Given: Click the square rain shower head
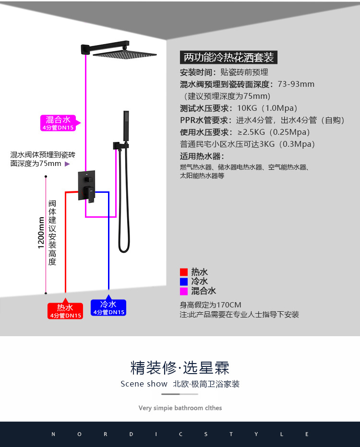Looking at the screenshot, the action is [125, 55].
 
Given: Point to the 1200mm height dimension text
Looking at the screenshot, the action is [41, 233].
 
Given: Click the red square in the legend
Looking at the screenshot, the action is [184, 272].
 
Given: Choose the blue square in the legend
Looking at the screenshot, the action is [184, 282].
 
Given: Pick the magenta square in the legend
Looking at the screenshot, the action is [184, 291].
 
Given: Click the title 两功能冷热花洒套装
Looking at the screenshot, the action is [229, 58].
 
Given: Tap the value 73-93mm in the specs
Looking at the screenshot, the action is [296, 84].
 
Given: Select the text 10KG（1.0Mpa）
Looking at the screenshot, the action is [267, 108].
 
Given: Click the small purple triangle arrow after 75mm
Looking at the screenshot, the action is [67, 164].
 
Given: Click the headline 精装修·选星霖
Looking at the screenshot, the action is [180, 368].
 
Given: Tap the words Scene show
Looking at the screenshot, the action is [144, 384].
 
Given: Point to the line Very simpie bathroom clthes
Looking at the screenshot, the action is [180, 408].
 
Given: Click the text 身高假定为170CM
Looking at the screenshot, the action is [211, 305].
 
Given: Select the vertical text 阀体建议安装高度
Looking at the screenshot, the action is [52, 233].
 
